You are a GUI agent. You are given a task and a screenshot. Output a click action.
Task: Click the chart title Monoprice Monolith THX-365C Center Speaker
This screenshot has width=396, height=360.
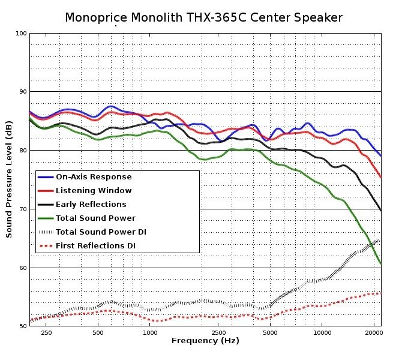click(204, 17)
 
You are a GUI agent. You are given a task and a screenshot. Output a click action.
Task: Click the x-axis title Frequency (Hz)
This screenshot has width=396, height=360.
click(205, 341)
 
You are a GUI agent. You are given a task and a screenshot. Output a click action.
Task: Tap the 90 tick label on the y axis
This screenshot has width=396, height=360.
click(22, 91)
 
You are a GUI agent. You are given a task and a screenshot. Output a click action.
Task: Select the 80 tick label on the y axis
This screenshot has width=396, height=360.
click(22, 150)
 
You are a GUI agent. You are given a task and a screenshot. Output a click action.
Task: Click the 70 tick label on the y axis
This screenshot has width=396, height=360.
click(22, 209)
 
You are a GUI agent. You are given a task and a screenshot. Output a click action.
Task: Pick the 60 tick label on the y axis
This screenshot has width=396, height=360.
click(22, 268)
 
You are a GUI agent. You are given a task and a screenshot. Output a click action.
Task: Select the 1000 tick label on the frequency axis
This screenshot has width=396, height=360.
click(150, 332)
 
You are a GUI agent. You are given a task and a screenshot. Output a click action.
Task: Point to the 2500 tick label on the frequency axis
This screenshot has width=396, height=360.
click(219, 332)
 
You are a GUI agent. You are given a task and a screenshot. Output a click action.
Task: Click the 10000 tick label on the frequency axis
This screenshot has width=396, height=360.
click(322, 332)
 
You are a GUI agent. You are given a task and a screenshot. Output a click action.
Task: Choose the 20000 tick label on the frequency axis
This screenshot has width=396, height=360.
click(374, 332)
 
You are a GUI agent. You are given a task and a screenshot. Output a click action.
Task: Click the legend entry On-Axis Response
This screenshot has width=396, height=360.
click(94, 177)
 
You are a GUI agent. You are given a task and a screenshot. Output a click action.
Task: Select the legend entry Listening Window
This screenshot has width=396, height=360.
click(94, 191)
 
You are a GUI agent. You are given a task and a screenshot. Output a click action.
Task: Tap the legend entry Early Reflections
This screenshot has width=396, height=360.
click(91, 205)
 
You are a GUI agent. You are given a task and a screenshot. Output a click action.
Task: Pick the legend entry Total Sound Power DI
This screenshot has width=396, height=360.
click(101, 232)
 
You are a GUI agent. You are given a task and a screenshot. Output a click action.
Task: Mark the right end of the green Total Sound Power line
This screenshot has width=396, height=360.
click(381, 263)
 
